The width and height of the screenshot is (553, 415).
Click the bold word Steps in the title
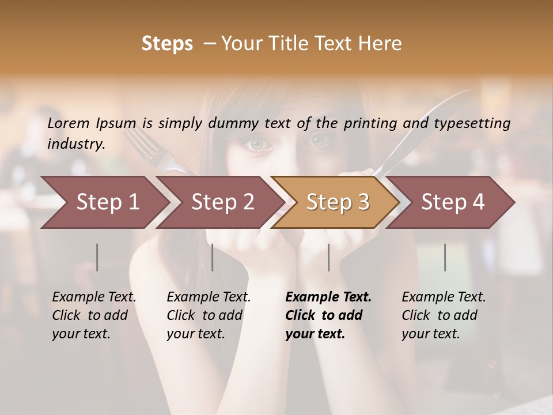pos(167,44)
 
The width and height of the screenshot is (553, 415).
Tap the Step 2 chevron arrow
pos(222,202)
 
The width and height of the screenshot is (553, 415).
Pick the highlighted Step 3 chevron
pos(338,202)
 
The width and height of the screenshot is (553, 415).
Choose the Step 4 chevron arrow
pos(453,202)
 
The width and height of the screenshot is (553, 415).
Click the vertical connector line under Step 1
pos(97,257)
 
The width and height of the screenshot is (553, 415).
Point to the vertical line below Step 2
pos(213,257)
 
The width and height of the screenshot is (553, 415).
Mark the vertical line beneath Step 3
pos(329,257)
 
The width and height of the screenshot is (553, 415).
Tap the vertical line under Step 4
pos(445,257)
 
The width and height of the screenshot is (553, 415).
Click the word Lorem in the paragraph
pos(69,123)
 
